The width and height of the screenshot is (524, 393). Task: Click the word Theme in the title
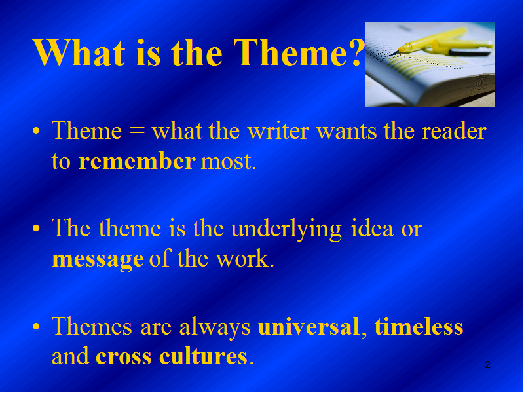pos(291,52)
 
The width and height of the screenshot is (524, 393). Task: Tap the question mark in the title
pos(356,52)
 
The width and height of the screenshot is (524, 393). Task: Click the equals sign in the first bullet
pos(137,130)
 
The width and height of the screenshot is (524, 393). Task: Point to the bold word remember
pos(137,161)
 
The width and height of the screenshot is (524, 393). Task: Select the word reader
pos(454,130)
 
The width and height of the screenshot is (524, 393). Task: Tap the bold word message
pos(98,259)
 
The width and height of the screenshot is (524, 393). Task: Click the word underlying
pos(286,230)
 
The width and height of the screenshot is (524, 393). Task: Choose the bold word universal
pos(309,326)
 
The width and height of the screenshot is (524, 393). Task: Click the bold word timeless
pos(419,326)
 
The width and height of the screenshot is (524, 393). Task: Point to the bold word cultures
pos(203,356)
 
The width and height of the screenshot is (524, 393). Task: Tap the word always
pos(215,327)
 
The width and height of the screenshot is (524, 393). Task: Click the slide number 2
pos(487,365)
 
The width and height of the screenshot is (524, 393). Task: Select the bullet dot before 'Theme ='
pos(36,130)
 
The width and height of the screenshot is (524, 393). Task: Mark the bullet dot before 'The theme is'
pos(36,229)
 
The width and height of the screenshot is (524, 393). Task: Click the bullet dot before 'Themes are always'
pos(36,326)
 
